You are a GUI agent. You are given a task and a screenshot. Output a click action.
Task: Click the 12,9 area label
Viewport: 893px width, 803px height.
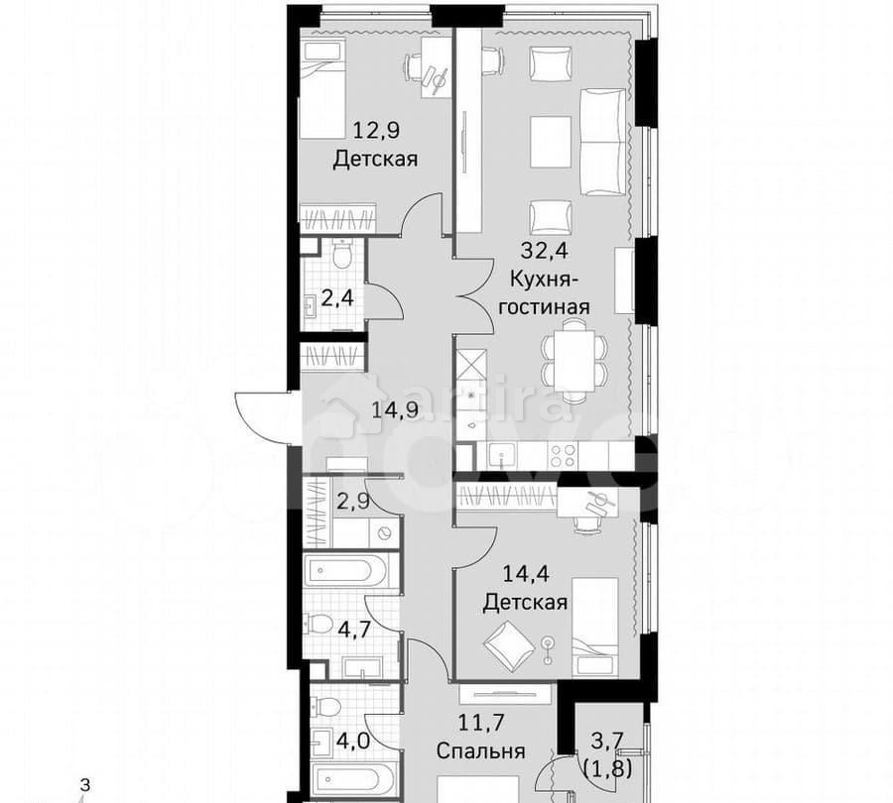373,129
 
